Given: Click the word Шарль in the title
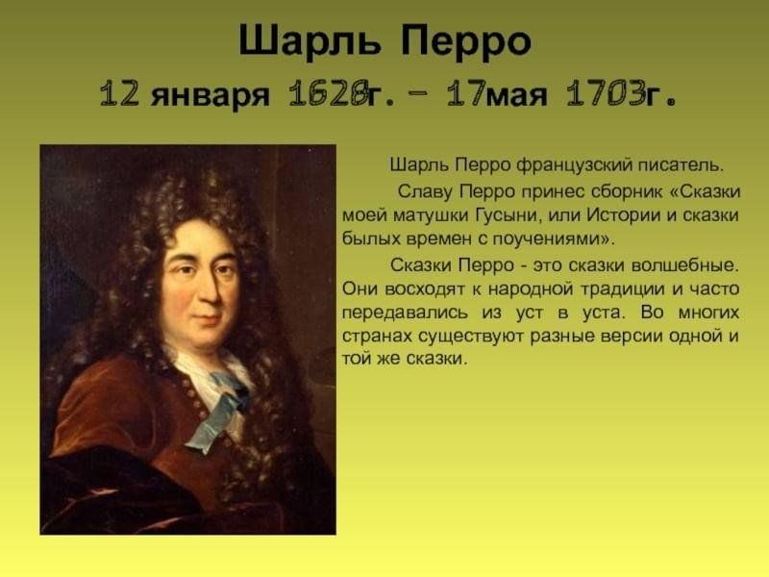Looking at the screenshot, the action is [310, 41].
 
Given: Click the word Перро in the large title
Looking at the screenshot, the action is [466, 40].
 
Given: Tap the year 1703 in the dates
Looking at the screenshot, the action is [607, 92].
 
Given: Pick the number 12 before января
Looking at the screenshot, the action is [119, 92].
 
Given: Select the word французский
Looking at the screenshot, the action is [574, 165].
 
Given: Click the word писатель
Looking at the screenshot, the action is [681, 165].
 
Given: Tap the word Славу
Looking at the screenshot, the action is [425, 191].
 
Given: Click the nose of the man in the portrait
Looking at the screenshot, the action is [211, 290].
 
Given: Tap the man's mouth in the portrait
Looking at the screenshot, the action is [207, 319].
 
